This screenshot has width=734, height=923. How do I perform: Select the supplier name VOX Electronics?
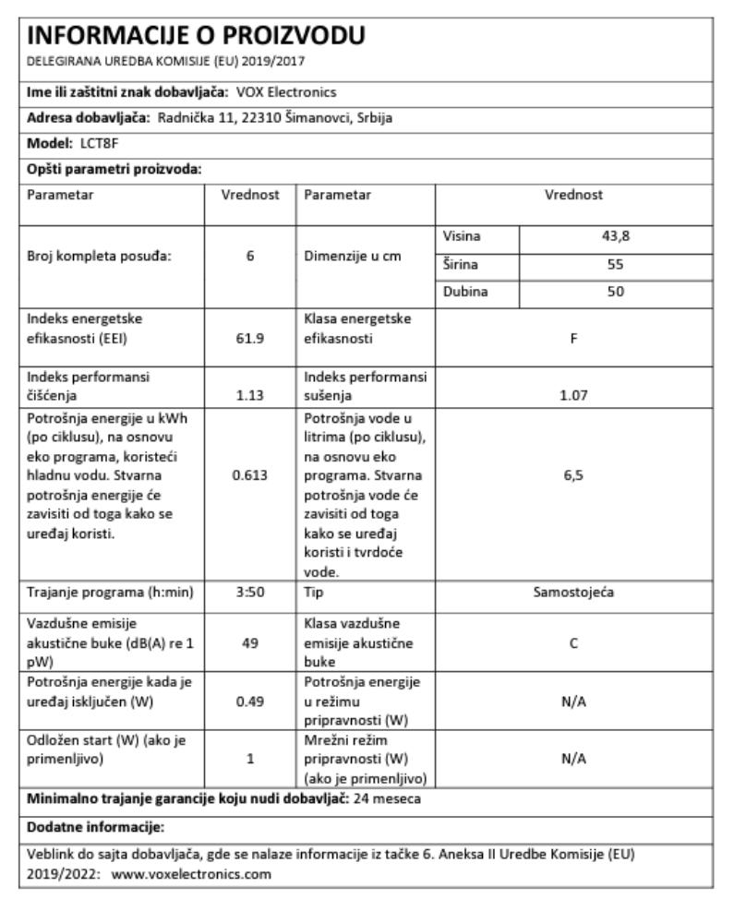[286, 91]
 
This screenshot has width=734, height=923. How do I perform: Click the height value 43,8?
[616, 236]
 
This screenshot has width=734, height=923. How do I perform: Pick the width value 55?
[616, 264]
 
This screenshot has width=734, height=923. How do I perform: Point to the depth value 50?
[616, 292]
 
